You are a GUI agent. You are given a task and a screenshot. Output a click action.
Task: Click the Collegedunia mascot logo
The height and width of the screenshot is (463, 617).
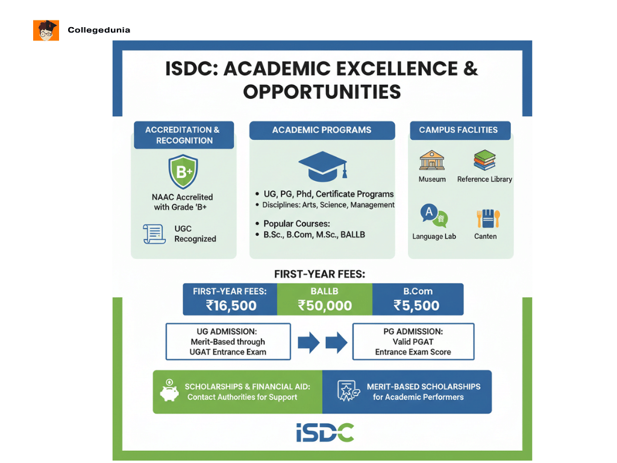pyautogui.click(x=46, y=30)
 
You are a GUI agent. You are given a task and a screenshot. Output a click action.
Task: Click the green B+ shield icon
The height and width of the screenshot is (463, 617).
pyautogui.click(x=183, y=172)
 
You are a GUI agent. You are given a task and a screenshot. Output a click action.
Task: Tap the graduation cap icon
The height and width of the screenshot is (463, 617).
pyautogui.click(x=322, y=165)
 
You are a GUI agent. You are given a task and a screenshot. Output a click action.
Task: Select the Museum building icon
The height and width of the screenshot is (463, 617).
pyautogui.click(x=431, y=160)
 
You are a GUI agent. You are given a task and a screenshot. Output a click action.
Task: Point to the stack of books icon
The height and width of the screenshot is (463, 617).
pyautogui.click(x=484, y=160)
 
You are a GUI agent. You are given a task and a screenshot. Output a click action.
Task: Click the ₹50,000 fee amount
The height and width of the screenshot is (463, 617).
pyautogui.click(x=325, y=305)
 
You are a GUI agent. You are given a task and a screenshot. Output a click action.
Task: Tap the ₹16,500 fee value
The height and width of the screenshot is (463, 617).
pyautogui.click(x=231, y=305)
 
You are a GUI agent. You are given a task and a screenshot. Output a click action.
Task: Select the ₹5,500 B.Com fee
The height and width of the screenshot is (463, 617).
pyautogui.click(x=416, y=305)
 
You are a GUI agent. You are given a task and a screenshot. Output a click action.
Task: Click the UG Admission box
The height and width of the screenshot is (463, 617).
pyautogui.click(x=228, y=342)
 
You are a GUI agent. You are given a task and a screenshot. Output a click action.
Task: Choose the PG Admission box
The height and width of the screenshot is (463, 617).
pyautogui.click(x=413, y=342)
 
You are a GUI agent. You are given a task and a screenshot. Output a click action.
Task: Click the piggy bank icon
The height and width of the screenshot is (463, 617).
pyautogui.click(x=169, y=391)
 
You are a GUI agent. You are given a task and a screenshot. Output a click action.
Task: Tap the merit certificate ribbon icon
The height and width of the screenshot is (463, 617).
pyautogui.click(x=348, y=391)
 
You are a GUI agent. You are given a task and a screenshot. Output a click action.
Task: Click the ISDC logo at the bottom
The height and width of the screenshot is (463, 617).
pyautogui.click(x=325, y=432)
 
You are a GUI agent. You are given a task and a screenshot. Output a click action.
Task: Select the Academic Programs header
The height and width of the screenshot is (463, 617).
pyautogui.click(x=322, y=130)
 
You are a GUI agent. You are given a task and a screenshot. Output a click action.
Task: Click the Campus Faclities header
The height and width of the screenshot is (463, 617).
pyautogui.click(x=459, y=130)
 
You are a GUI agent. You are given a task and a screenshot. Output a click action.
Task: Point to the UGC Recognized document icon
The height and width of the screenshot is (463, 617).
pyautogui.click(x=154, y=233)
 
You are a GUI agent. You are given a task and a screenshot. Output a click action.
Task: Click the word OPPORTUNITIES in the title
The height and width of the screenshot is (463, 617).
pyautogui.click(x=322, y=92)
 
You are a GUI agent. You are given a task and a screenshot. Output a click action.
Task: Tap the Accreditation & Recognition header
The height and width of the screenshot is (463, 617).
pyautogui.click(x=183, y=135)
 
